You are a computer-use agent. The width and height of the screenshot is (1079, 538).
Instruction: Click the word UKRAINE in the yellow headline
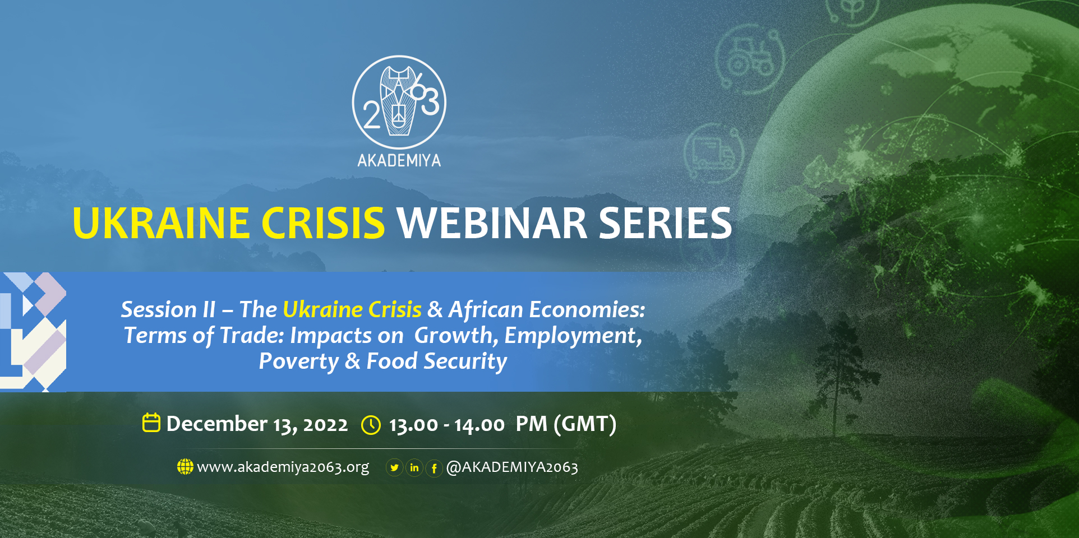(161, 223)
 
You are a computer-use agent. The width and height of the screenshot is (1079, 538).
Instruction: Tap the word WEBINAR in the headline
(492, 223)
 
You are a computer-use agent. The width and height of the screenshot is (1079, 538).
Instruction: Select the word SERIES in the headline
(666, 223)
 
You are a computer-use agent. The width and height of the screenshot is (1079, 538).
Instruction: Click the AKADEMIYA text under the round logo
(399, 161)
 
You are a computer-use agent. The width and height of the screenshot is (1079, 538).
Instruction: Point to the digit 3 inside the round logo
(430, 103)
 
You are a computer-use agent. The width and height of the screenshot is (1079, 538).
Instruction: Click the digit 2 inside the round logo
(371, 115)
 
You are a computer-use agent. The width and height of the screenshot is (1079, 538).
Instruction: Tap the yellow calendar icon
(151, 423)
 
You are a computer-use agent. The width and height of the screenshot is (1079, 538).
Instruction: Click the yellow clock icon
(371, 425)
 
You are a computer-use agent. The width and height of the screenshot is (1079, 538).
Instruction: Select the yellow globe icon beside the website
(185, 466)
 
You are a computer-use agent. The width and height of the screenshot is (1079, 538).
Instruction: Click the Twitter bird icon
(395, 467)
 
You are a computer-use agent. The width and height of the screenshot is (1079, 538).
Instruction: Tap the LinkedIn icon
(414, 467)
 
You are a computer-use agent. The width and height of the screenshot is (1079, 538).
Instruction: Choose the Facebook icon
(434, 468)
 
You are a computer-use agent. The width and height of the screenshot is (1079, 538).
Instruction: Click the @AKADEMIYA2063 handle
(512, 467)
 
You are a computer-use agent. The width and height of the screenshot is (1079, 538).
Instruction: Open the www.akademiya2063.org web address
(283, 467)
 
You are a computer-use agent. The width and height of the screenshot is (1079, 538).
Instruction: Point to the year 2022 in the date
(325, 425)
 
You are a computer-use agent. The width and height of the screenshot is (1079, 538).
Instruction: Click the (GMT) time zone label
(585, 424)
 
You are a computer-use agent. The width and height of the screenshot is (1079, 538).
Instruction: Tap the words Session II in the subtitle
(168, 309)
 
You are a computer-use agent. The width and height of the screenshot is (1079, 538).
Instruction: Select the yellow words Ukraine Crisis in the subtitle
(352, 309)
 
